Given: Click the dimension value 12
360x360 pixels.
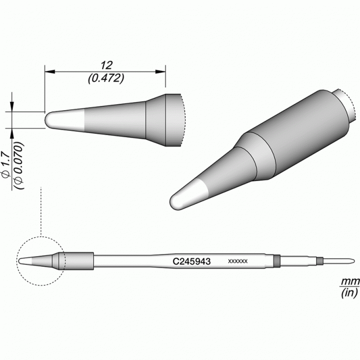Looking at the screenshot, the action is click(x=106, y=66).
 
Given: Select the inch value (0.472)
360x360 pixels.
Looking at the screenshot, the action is click(x=106, y=78).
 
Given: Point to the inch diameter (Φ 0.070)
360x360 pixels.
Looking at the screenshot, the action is click(x=19, y=166).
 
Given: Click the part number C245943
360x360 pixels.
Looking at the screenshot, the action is click(x=192, y=262).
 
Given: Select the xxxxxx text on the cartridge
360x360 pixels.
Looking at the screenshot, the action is click(x=238, y=262).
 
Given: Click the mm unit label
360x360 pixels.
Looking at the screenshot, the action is click(x=350, y=281).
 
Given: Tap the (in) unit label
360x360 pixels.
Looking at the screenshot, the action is click(x=349, y=293).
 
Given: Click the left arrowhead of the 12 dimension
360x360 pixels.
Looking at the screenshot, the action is click(x=50, y=71).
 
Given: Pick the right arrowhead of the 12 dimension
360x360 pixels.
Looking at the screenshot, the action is click(x=160, y=71).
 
